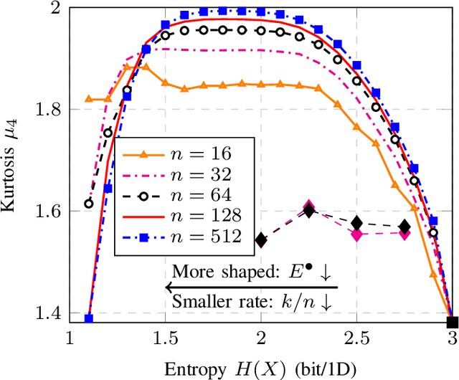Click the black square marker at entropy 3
[x=452, y=323]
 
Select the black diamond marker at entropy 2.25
[x=309, y=211]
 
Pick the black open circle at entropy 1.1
[x=89, y=204]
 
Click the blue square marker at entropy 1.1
[x=89, y=318]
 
